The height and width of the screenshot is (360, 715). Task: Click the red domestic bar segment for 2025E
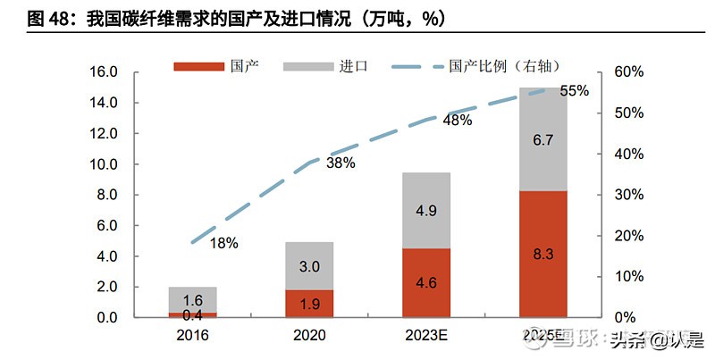click(543, 255)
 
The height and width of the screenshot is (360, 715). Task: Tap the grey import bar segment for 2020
click(308, 265)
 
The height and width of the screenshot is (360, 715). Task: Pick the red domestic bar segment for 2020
click(308, 304)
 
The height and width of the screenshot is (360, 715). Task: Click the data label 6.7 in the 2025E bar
click(543, 140)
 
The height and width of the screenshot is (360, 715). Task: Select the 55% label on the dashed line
click(574, 90)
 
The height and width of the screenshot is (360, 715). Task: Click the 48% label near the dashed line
click(457, 120)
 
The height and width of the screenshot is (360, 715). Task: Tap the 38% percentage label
click(341, 163)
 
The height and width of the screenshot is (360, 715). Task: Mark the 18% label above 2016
click(223, 243)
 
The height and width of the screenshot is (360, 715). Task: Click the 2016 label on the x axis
click(192, 336)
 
